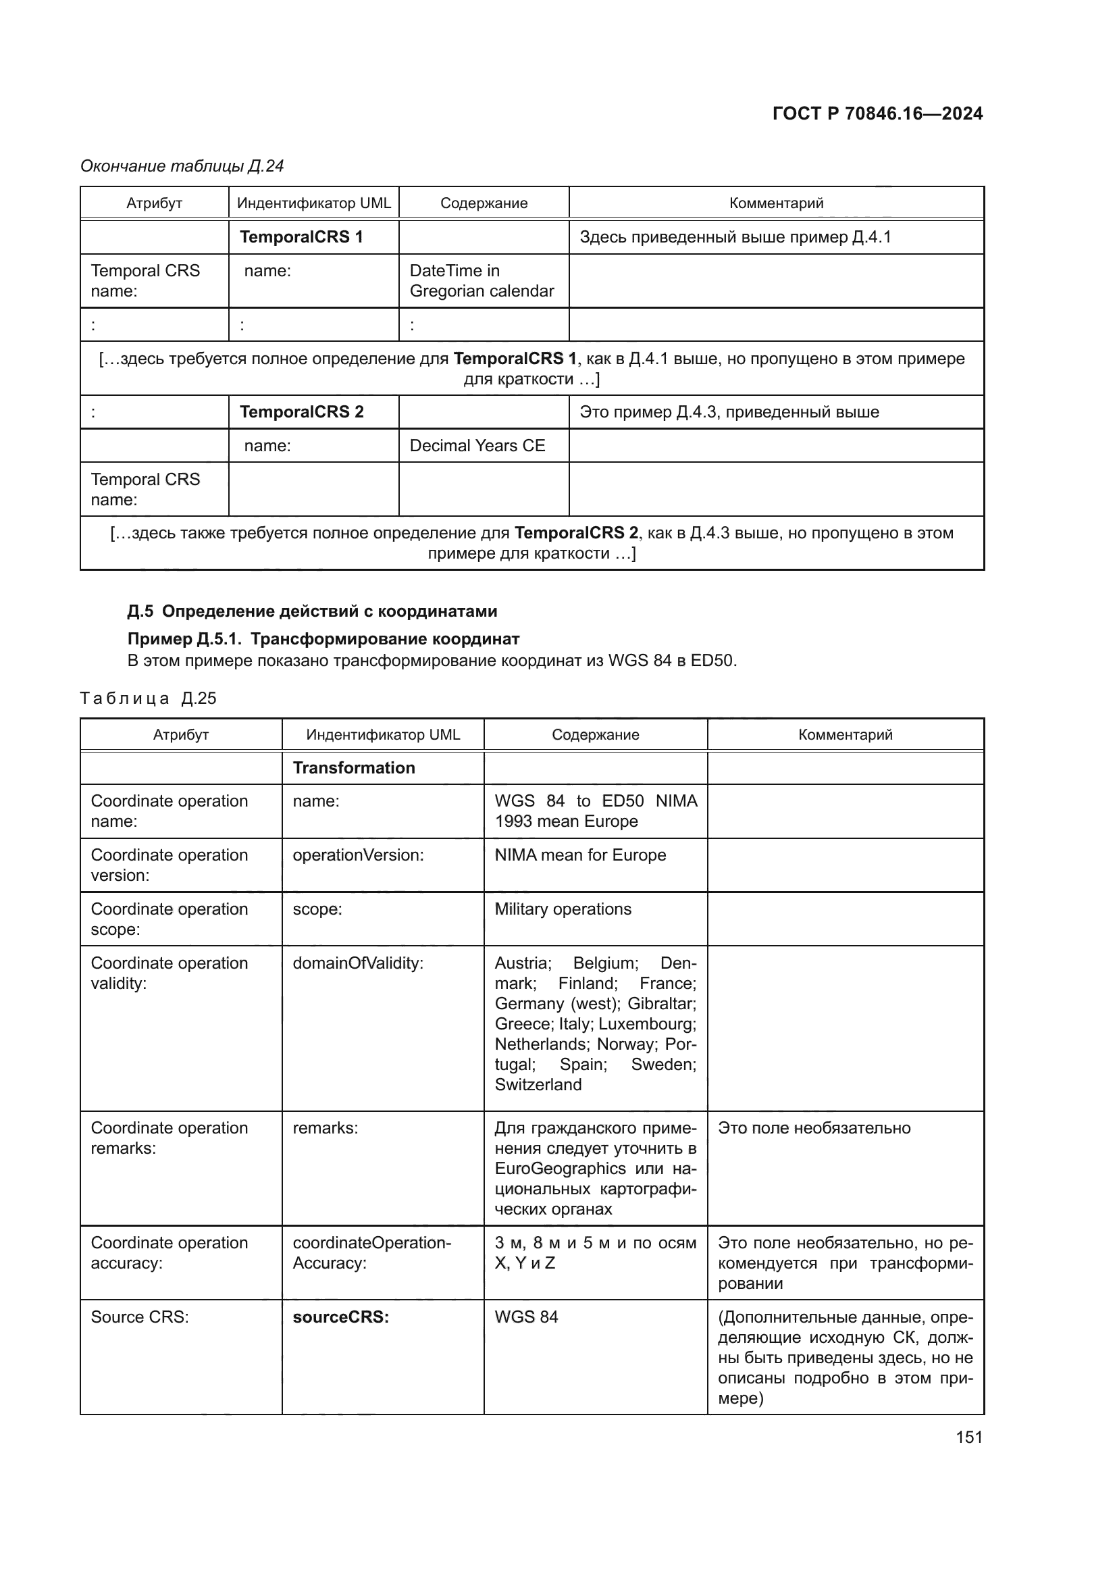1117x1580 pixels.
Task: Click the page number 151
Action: pos(968,1436)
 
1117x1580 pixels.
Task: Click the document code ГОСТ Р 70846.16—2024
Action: pos(877,113)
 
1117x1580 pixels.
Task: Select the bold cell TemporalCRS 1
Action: pos(301,236)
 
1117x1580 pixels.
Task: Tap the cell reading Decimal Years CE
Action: pos(477,445)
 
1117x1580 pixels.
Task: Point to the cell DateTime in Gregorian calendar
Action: pos(482,281)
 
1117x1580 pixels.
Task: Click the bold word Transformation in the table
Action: pos(353,767)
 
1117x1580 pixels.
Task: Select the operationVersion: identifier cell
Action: pos(358,855)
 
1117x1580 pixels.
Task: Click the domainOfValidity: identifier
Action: pos(358,963)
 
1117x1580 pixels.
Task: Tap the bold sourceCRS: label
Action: pos(340,1317)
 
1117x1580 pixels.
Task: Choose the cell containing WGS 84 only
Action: pos(526,1317)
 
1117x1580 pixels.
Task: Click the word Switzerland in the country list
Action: pos(538,1085)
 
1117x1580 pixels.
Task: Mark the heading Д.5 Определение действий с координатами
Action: pos(312,611)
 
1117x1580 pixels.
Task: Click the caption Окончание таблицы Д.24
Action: pos(182,166)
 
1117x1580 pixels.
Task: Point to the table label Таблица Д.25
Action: pos(148,698)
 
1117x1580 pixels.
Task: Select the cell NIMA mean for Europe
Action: pos(580,855)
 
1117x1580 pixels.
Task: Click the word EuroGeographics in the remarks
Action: pos(560,1169)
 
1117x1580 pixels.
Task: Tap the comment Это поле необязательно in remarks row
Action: pos(814,1128)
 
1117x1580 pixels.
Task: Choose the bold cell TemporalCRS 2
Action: pos(301,411)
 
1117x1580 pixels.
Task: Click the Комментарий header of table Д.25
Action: pos(845,734)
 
